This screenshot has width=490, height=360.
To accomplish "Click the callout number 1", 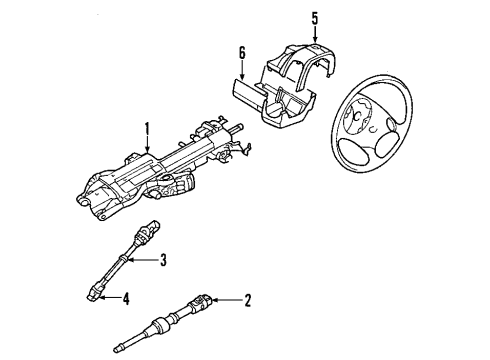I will tap(146, 128).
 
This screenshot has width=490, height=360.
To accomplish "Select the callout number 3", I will tap(164, 263).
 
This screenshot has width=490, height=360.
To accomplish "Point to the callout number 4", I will tap(126, 296).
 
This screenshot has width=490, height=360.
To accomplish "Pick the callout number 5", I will tap(313, 17).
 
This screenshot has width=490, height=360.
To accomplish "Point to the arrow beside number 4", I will tap(109, 296).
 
